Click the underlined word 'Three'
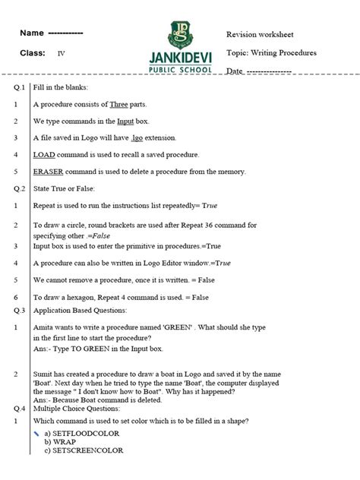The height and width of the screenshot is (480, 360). (119, 104)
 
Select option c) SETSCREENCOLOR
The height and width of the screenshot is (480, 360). (84, 450)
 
